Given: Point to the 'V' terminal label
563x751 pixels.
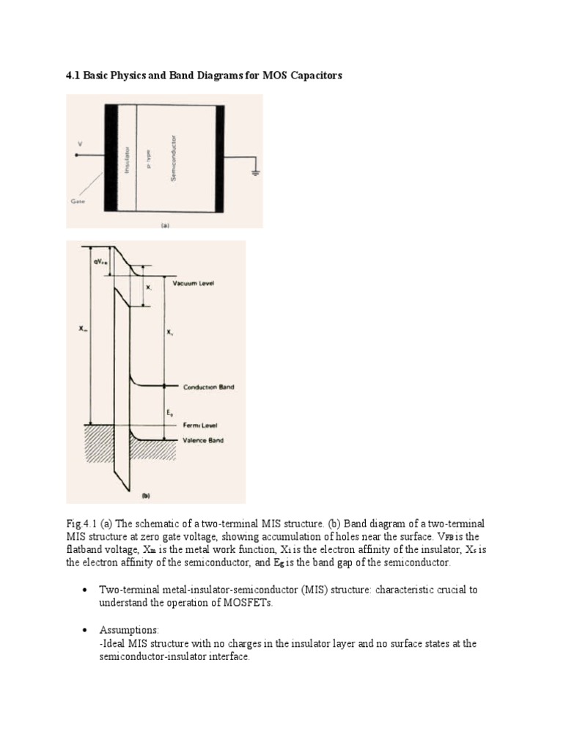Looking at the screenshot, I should tap(79, 144).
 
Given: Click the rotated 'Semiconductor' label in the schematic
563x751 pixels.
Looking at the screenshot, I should tap(174, 158).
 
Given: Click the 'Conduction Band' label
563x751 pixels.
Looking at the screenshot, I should tap(207, 387).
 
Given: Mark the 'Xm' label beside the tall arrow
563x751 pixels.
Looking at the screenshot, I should tap(82, 329).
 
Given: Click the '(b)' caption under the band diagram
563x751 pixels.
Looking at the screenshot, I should tap(145, 496).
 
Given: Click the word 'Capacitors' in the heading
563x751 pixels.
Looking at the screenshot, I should tap(312, 76).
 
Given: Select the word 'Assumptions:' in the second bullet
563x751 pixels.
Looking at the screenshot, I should tap(129, 630).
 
